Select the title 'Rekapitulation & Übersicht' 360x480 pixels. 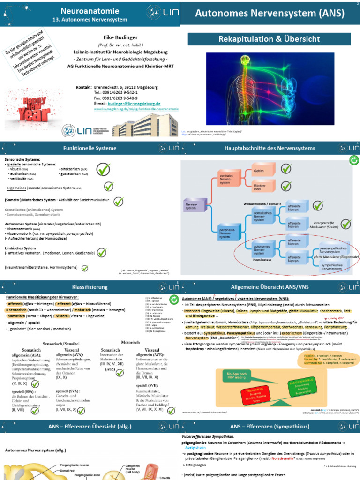pos(269,39)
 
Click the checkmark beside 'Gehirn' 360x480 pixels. pos(286,168)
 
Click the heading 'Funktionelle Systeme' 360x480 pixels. pos(90,148)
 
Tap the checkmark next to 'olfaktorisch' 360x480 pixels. pos(104,169)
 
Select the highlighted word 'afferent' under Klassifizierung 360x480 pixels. pos(18,303)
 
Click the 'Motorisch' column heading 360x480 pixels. pos(131,343)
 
